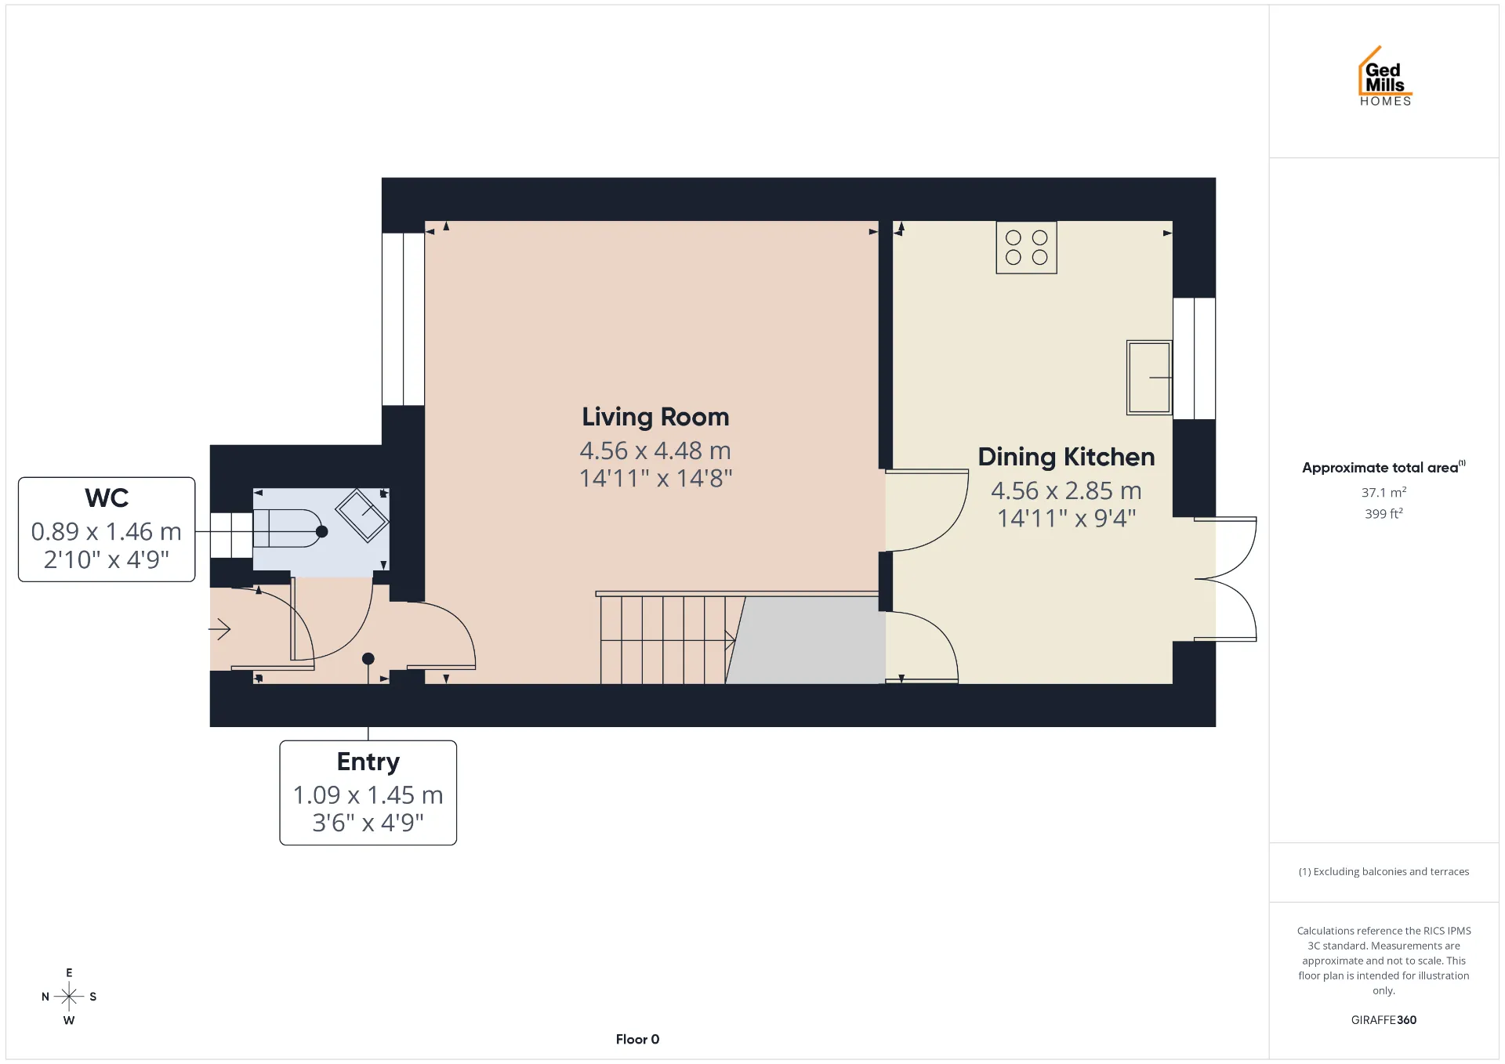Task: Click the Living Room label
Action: coord(655,417)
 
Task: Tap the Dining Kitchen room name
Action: coord(1066,457)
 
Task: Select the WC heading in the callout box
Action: coord(107,498)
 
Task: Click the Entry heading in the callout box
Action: coord(368,762)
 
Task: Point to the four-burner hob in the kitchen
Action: coord(1026,248)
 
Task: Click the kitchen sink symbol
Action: coord(1149,377)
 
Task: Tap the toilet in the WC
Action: coord(287,528)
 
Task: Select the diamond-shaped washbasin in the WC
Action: coord(361,515)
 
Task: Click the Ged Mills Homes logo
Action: coord(1385,76)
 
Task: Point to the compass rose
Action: coord(69,997)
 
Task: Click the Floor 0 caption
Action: coord(637,1040)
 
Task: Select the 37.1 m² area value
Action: coord(1384,492)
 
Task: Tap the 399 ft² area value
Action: coord(1384,514)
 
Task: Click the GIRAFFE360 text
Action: coord(1384,1020)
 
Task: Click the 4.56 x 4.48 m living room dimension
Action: coord(655,451)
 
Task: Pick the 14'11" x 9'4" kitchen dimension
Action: coord(1066,518)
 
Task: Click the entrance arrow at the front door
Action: coord(219,628)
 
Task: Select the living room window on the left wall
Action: coord(403,319)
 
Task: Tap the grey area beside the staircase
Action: coord(806,640)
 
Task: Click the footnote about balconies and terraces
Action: coord(1384,872)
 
